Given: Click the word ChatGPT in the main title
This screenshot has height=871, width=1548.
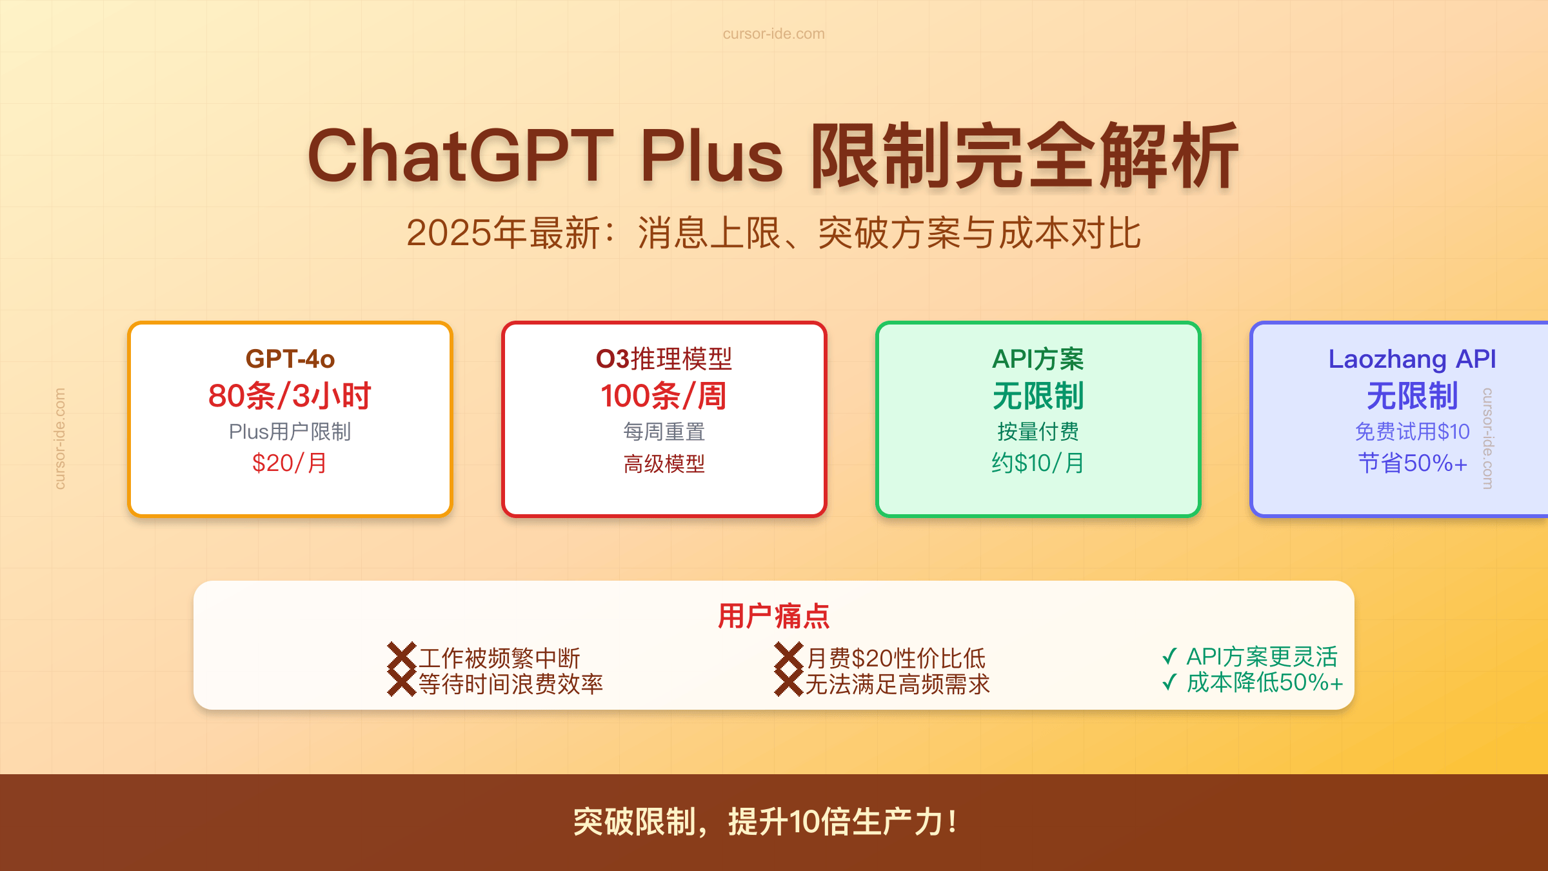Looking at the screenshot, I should [460, 157].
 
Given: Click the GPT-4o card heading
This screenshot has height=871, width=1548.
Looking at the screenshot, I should [290, 359].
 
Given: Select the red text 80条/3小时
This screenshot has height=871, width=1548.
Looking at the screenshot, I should [290, 395].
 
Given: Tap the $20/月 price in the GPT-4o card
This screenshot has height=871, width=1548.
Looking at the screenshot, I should [290, 463].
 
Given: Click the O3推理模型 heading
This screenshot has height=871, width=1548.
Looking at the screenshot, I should [664, 359].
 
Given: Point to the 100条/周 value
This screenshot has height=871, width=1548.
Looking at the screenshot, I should [664, 395].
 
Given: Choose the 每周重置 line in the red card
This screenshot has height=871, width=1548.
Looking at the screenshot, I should [664, 432].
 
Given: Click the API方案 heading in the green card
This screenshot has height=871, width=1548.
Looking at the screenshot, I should [1038, 359].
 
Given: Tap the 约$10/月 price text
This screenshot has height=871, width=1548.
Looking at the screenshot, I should [1038, 463].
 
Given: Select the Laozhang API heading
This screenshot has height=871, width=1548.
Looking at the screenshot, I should [1412, 359].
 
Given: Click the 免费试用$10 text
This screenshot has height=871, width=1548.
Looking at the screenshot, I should [1412, 432].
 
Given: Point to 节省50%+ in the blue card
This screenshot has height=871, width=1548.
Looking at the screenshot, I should [1412, 463].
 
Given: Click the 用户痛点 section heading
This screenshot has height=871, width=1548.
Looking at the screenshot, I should [773, 616].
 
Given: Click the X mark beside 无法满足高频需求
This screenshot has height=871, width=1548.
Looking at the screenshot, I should [788, 683].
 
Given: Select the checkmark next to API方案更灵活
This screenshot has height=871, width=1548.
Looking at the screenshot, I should [1169, 657].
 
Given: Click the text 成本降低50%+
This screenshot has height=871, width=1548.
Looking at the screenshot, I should [1264, 683].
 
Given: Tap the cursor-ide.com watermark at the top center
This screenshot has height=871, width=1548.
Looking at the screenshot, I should [773, 34].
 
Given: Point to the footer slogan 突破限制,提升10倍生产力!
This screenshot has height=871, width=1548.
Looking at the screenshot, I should [766, 822].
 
